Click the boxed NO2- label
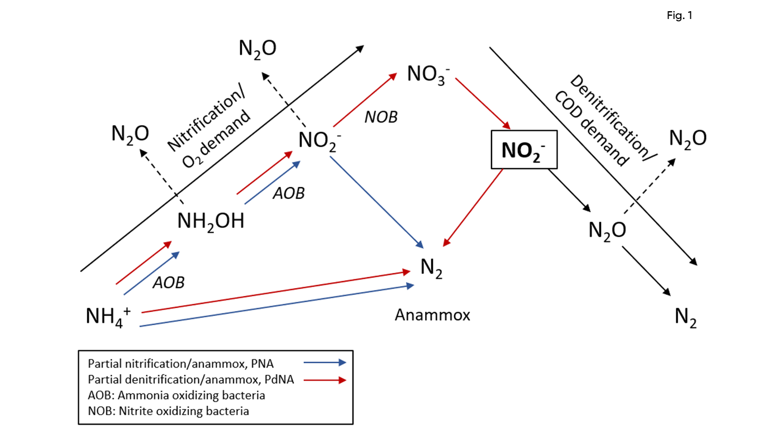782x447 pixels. pyautogui.click(x=524, y=150)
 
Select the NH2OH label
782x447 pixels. pyautogui.click(x=211, y=221)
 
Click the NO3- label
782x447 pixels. pyautogui.click(x=428, y=73)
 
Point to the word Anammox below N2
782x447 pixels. pyautogui.click(x=432, y=315)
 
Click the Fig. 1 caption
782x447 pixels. pyautogui.click(x=679, y=16)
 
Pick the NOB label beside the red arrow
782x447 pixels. pyautogui.click(x=381, y=117)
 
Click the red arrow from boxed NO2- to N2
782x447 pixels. pyautogui.click(x=473, y=207)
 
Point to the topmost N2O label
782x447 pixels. pyautogui.click(x=258, y=49)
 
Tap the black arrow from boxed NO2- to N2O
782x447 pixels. pyautogui.click(x=570, y=191)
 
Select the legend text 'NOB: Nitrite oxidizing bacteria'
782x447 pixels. pyautogui.click(x=168, y=411)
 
